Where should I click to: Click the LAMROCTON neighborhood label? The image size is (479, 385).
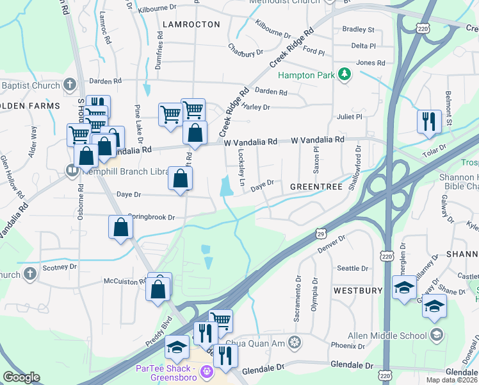click(191, 24)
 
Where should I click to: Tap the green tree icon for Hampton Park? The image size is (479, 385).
click(345, 75)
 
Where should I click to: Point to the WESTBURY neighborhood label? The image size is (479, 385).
click(357, 291)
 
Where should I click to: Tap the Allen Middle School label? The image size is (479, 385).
click(387, 335)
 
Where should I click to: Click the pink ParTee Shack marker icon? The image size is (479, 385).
click(206, 371)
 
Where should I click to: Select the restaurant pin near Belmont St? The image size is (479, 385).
click(428, 121)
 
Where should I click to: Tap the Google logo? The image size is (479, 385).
click(21, 377)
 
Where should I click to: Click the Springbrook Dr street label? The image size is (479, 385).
click(151, 218)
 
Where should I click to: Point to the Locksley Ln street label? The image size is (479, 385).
click(241, 168)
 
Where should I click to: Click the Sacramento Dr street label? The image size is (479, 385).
click(298, 299)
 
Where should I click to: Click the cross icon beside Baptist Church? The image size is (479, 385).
click(70, 85)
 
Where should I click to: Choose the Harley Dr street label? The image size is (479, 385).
click(256, 107)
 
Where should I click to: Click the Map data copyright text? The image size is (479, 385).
click(451, 380)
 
